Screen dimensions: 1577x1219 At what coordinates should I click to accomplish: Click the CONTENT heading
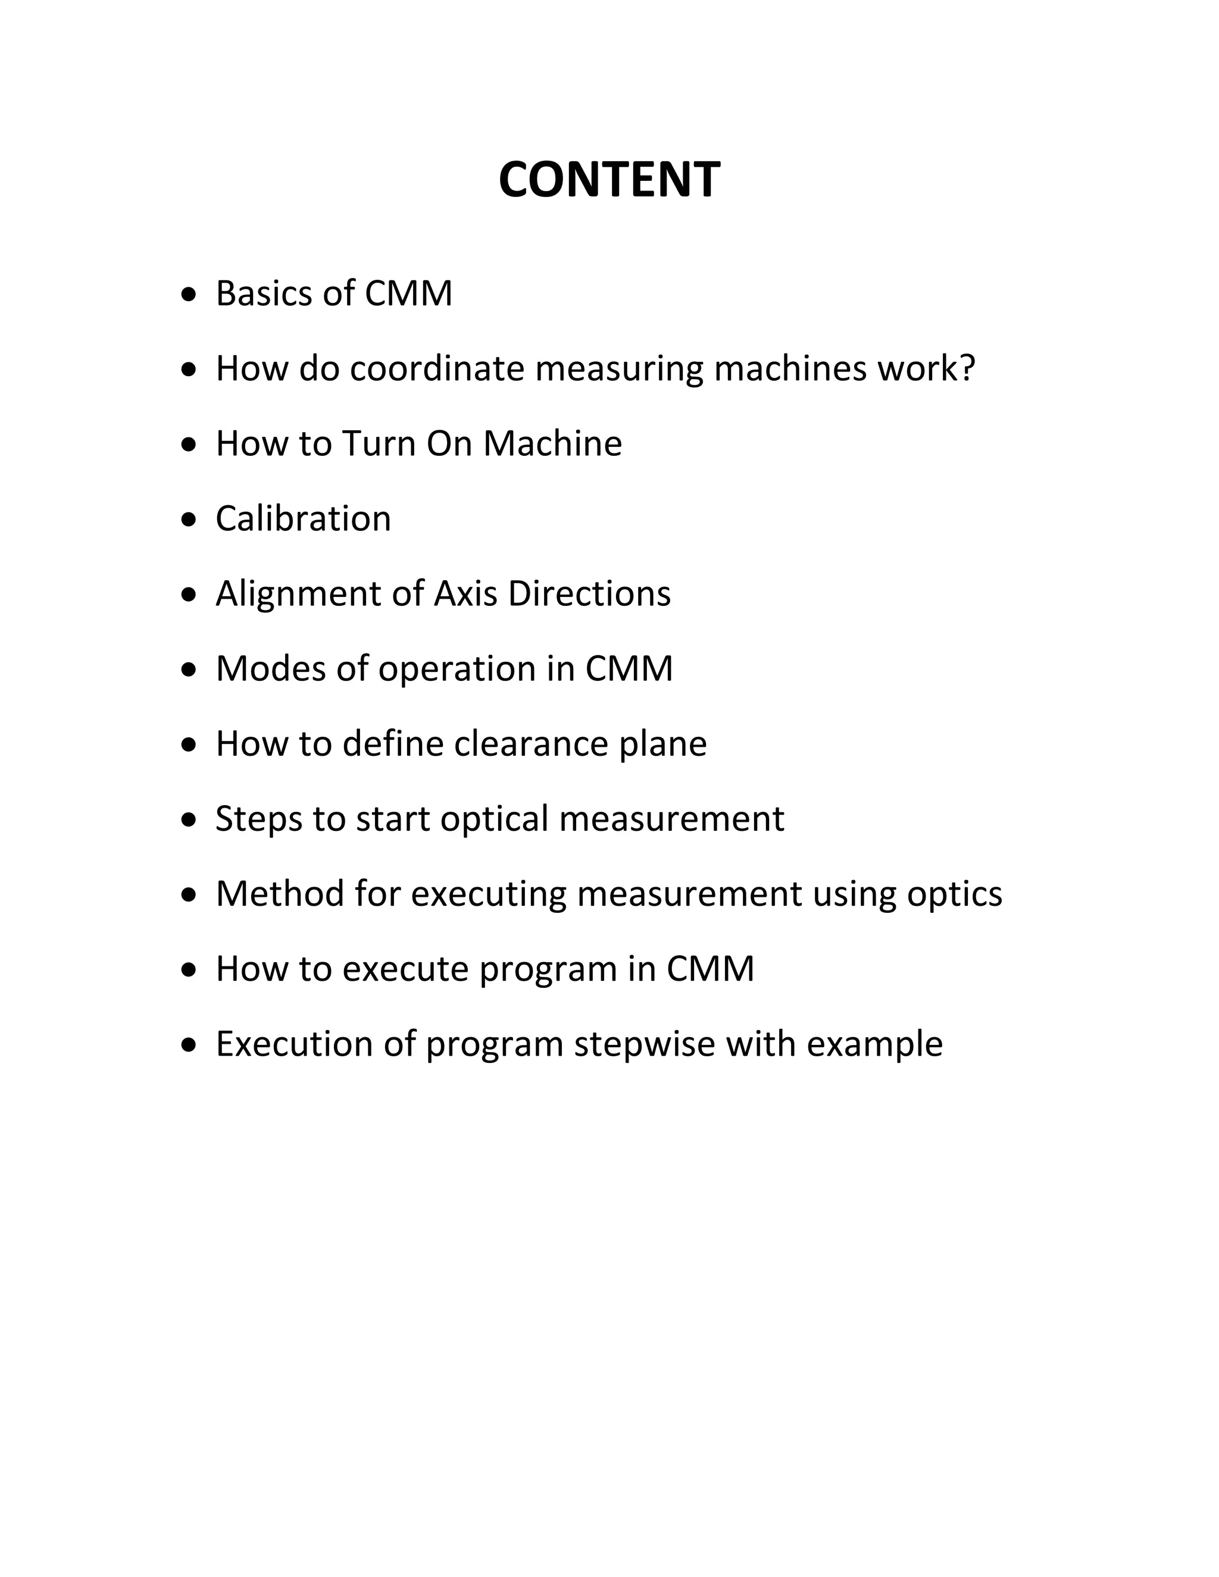coord(609,180)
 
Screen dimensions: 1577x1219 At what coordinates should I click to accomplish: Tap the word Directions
coord(589,593)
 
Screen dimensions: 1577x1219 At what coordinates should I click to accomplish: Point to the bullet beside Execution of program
coord(189,1045)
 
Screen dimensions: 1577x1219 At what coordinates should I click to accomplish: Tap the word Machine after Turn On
coord(552,443)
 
